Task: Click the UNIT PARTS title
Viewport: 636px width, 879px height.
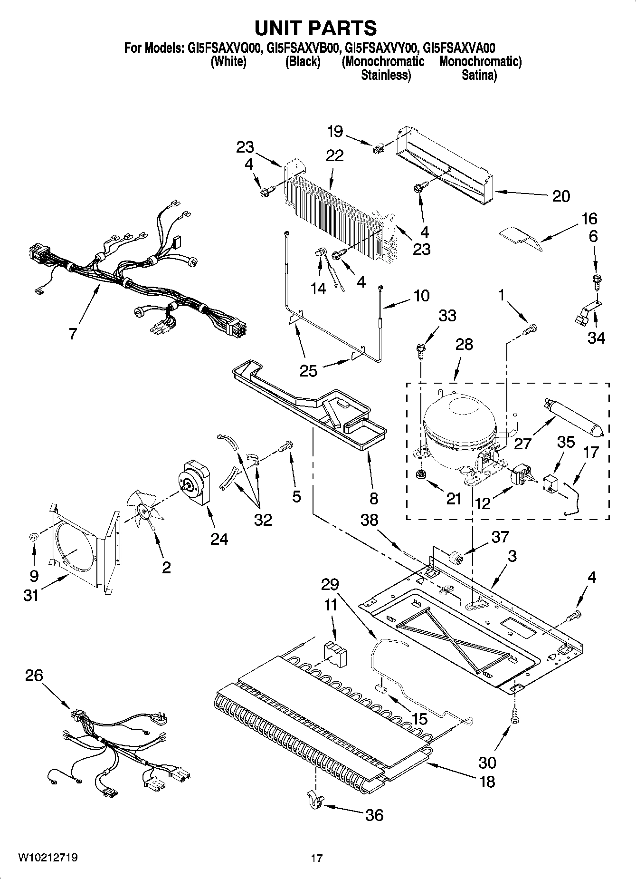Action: coord(315,28)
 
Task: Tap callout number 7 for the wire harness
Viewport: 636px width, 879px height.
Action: coord(72,334)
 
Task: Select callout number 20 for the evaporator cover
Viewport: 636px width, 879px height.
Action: coord(560,196)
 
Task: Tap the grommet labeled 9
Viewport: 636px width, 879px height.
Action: coord(34,538)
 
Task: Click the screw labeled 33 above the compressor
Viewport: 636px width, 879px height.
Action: coord(421,350)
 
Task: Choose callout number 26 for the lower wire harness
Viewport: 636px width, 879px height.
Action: coord(35,676)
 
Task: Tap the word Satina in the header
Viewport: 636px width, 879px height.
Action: coord(479,75)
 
